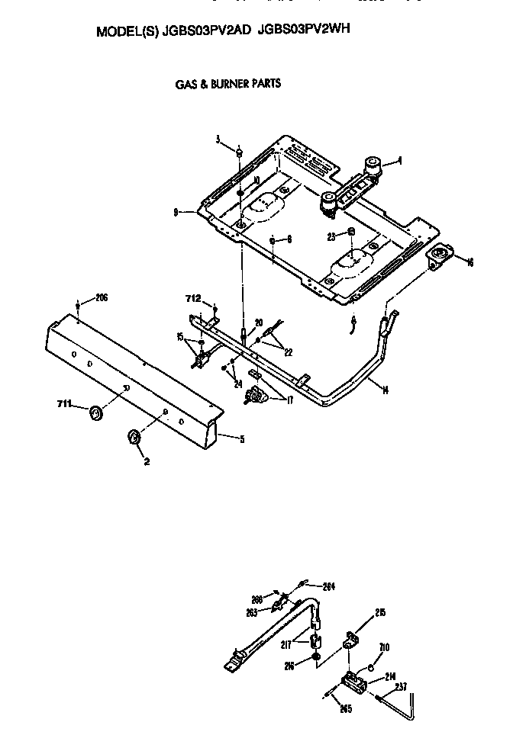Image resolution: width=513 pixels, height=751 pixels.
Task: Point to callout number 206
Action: click(x=101, y=297)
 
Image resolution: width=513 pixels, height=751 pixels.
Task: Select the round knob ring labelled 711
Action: click(x=95, y=413)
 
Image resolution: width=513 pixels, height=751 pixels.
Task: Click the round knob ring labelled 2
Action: click(x=133, y=437)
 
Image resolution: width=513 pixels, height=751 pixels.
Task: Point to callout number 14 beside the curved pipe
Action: click(x=385, y=390)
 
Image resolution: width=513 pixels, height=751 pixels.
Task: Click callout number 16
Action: click(x=469, y=262)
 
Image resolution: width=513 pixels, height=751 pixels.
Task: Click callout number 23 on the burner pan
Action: click(x=332, y=236)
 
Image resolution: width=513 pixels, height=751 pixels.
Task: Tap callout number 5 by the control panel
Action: click(x=242, y=438)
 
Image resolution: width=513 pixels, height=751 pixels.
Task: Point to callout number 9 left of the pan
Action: click(x=176, y=212)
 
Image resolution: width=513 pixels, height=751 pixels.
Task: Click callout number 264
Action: click(x=329, y=586)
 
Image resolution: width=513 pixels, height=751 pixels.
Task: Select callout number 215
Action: click(x=380, y=612)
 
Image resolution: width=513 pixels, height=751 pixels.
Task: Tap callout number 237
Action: click(x=400, y=686)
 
